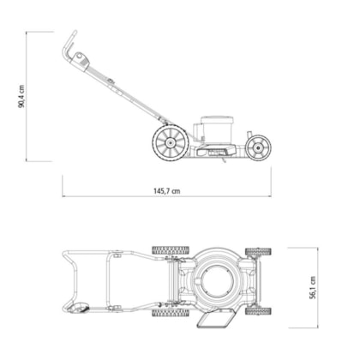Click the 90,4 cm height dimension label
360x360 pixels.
click(21, 96)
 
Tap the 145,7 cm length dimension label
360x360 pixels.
click(167, 191)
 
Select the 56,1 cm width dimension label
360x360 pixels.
click(313, 287)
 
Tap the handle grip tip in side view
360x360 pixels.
click(75, 32)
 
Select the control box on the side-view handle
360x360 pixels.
click(81, 60)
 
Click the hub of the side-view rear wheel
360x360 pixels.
click(171, 142)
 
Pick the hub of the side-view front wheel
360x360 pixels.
click(258, 147)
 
